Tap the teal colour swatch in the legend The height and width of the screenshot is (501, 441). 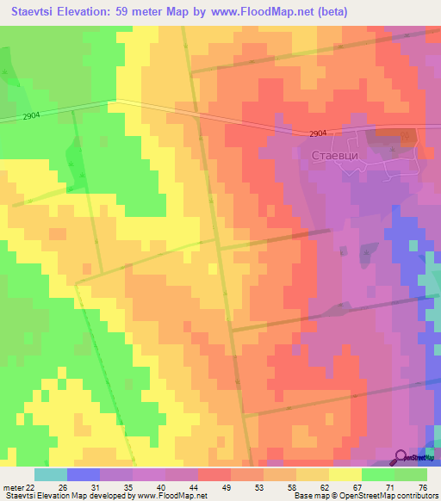[50, 474]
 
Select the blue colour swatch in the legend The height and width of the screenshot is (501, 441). [83, 474]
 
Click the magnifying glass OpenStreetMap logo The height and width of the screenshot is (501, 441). [401, 455]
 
